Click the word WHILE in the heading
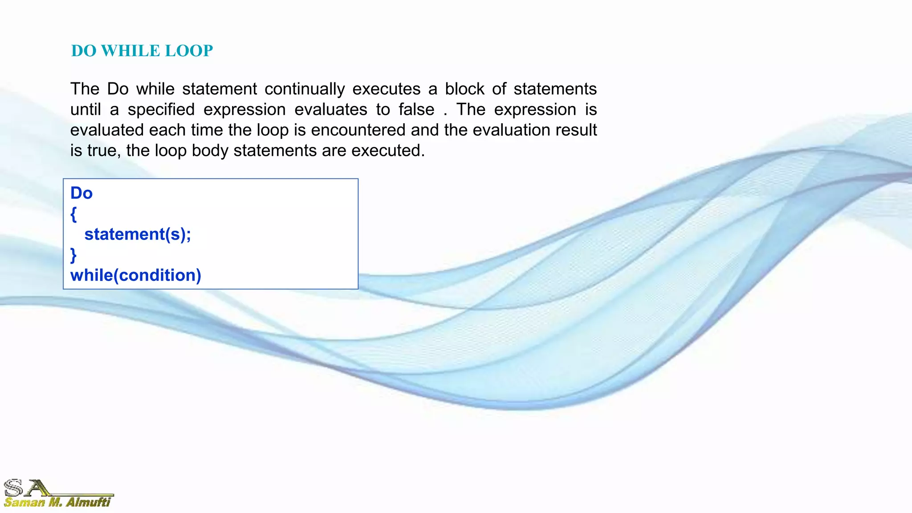[130, 51]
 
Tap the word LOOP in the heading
[189, 51]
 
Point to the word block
[464, 89]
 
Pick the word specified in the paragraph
[161, 110]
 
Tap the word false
[416, 110]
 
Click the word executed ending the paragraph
[387, 151]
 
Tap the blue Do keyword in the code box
[81, 193]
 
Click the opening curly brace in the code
[73, 214]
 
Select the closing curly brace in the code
[73, 255]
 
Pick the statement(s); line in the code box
[138, 234]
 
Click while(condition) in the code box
[136, 275]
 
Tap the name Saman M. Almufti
[57, 502]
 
